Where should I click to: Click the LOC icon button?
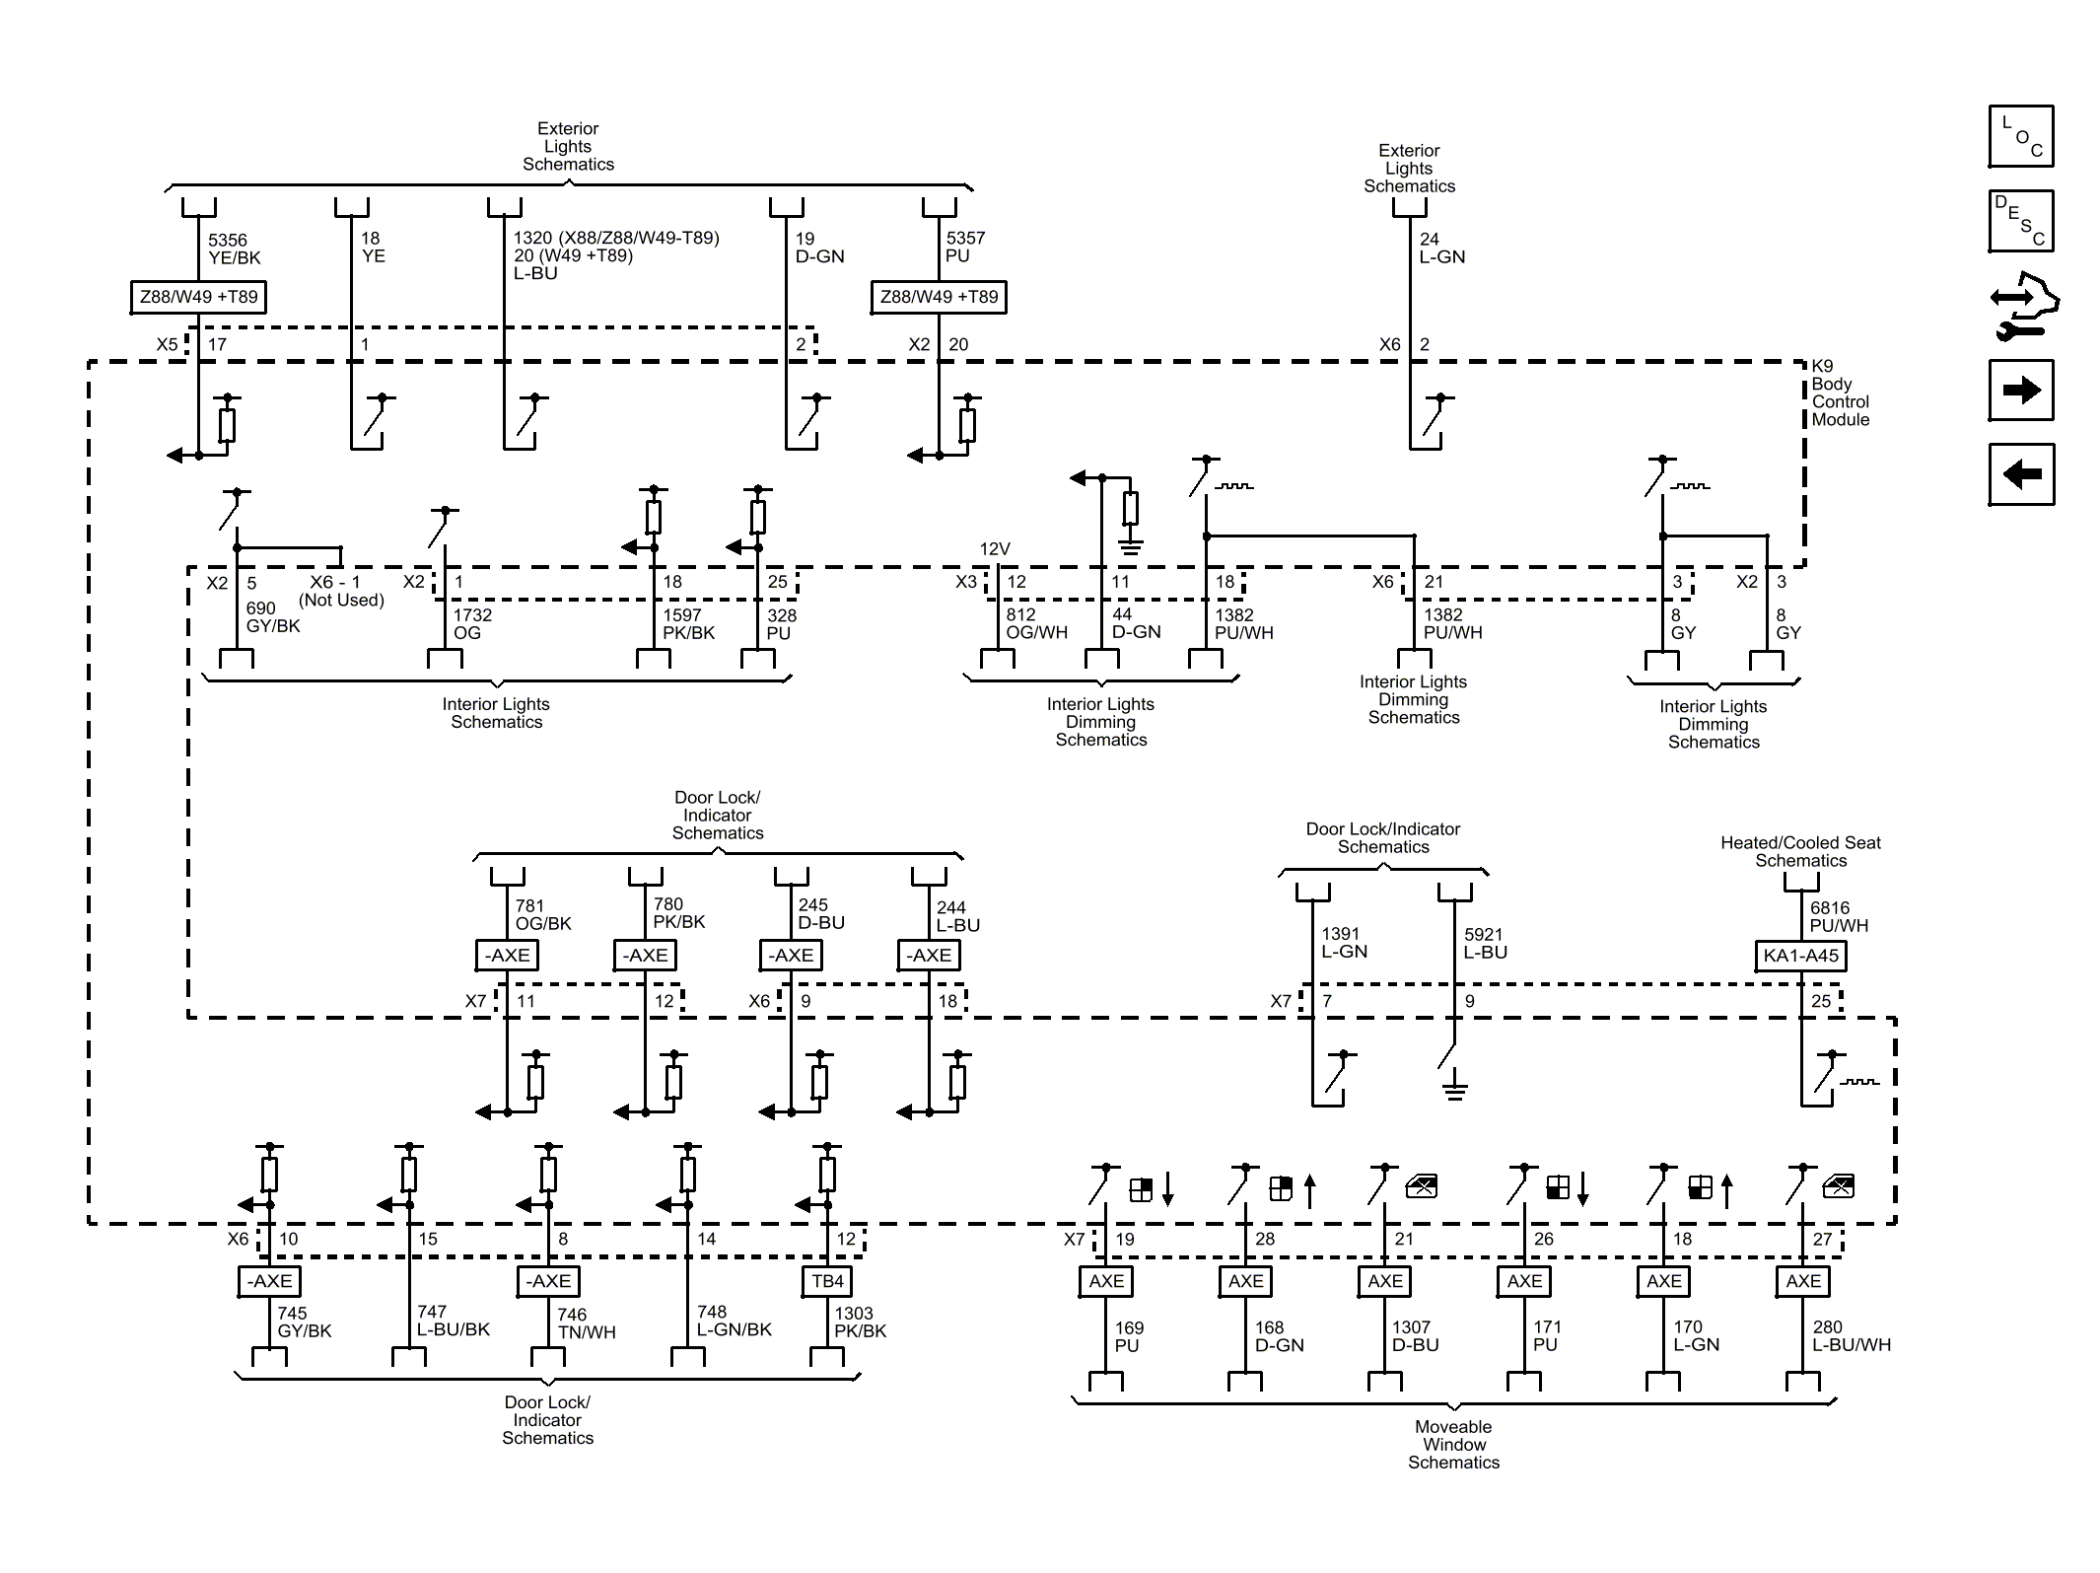[x=2020, y=136]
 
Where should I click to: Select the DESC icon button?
[x=2020, y=221]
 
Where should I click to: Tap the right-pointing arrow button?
[x=2020, y=391]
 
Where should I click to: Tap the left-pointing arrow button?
[x=2020, y=474]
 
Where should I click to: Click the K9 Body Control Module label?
[x=1839, y=393]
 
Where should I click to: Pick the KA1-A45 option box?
[x=1800, y=955]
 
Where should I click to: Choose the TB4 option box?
[x=827, y=1281]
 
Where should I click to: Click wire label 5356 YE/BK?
[x=234, y=250]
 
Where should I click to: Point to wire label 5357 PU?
[x=964, y=248]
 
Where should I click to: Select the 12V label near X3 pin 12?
[x=994, y=549]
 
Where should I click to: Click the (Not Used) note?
[x=341, y=600]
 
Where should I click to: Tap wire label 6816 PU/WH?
[x=1838, y=916]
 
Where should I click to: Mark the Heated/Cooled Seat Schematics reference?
[x=1800, y=851]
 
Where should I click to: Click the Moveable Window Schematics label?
[x=1453, y=1444]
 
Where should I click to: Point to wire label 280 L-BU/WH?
[x=1851, y=1335]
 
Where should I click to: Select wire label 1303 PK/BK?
[x=860, y=1322]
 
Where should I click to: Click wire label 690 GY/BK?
[x=272, y=617]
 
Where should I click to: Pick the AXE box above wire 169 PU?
[x=1105, y=1281]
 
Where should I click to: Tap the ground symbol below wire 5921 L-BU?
[x=1454, y=1090]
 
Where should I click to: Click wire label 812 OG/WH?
[x=1035, y=623]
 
